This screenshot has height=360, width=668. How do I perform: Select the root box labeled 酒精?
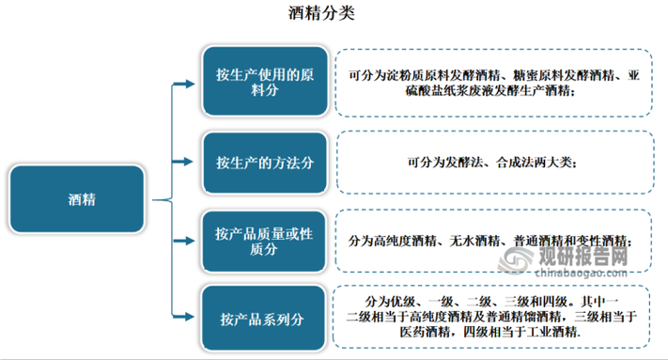[81, 198]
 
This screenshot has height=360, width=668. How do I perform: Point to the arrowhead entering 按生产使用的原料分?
[194, 84]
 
